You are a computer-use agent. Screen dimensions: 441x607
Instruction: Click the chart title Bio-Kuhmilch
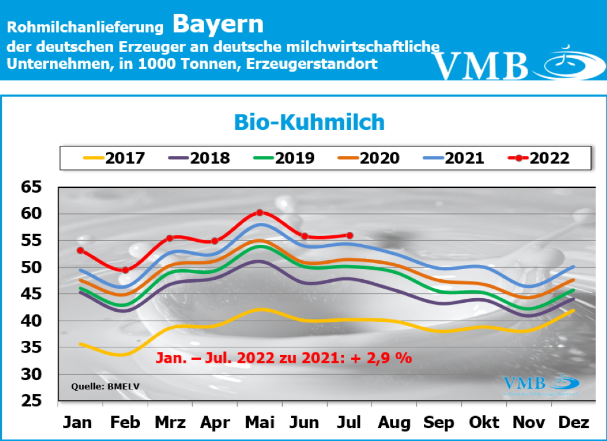click(x=309, y=122)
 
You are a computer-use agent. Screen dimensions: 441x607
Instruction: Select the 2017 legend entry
click(x=113, y=158)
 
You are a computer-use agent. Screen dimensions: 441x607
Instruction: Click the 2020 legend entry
click(x=367, y=158)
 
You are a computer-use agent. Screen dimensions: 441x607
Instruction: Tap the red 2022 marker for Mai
click(x=260, y=212)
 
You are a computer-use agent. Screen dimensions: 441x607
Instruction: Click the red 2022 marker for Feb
click(x=125, y=270)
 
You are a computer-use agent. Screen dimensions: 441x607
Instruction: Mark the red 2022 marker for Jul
click(x=349, y=235)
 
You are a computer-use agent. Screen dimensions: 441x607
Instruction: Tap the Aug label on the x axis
click(x=394, y=423)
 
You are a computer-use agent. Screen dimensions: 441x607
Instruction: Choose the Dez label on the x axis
click(x=574, y=423)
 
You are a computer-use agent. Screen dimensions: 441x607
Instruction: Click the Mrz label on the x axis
click(x=170, y=423)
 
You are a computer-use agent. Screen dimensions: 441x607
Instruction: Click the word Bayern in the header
click(x=218, y=24)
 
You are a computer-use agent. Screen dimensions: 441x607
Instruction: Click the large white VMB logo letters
click(x=480, y=65)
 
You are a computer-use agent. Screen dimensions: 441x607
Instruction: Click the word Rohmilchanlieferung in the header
click(x=85, y=27)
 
